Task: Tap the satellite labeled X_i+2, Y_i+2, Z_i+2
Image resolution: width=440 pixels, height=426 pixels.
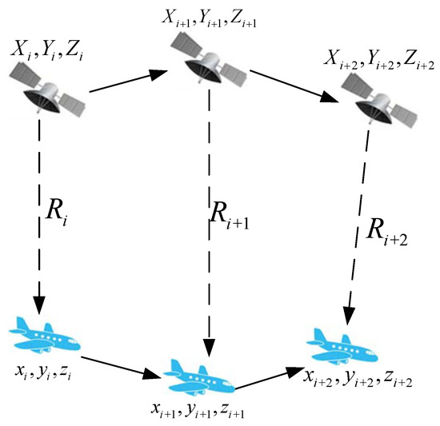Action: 370,95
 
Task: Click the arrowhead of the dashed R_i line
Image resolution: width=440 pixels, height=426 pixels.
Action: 38,305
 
